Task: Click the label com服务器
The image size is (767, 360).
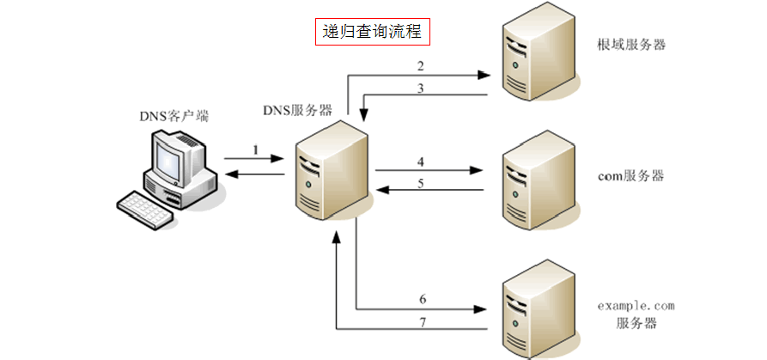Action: click(x=631, y=175)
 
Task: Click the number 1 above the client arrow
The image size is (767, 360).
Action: click(x=255, y=149)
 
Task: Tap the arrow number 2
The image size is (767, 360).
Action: click(x=421, y=65)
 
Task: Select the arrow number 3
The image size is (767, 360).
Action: click(x=421, y=88)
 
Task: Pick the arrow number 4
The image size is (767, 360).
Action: click(x=421, y=161)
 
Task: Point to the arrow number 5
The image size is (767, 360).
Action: click(x=421, y=182)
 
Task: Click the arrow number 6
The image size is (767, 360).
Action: click(x=423, y=299)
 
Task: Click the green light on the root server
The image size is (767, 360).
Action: click(x=515, y=65)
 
